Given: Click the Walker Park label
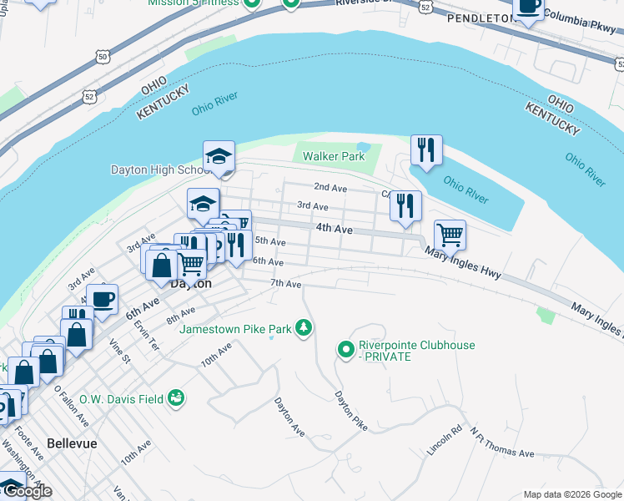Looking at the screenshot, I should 334,156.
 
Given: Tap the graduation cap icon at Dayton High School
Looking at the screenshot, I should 219,156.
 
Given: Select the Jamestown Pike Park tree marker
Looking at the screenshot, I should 305,328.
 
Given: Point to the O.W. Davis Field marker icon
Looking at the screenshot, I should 175,398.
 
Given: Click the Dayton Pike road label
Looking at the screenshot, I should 351,411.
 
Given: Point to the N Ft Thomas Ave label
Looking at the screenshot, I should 501,443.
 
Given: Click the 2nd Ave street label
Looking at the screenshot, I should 330,188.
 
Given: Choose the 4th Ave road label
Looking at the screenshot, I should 334,227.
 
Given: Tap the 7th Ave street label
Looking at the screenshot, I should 285,284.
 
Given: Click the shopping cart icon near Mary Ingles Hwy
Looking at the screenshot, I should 450,235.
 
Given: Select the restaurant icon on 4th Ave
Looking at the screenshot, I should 405,205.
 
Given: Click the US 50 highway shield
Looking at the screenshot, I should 102,57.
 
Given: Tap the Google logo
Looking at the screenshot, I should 28,491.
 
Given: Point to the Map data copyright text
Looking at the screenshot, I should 571,494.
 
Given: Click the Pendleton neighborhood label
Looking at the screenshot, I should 480,18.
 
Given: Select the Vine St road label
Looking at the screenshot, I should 119,352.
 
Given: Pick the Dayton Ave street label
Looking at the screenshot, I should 289,416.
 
